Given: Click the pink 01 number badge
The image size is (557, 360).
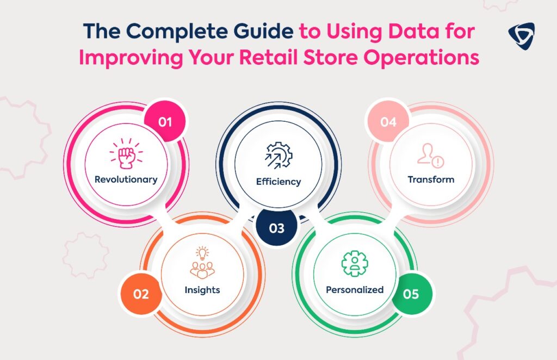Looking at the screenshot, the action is click(165, 122).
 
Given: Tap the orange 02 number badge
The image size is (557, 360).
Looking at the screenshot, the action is click(141, 294).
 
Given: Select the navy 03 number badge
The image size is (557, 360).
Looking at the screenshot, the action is click(277, 227).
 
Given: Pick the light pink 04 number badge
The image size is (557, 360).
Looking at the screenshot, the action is click(388, 122).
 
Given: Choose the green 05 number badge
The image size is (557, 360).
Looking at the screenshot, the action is click(411, 294).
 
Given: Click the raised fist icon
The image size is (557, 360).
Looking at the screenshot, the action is click(126, 153).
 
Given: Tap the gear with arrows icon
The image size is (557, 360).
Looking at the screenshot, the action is click(279, 155).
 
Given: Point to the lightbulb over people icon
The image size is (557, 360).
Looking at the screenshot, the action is click(202, 262).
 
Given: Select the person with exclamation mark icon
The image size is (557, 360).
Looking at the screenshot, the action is click(431, 156).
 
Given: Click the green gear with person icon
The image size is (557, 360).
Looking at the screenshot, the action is click(355, 263).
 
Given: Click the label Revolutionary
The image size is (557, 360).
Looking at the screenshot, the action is click(126, 179).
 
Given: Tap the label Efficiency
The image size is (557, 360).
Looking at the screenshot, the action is click(278, 182).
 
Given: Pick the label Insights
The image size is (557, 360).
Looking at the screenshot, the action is click(202, 290).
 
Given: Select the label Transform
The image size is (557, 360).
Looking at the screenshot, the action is click(431, 179).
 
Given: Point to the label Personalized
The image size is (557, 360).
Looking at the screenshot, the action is click(355, 290).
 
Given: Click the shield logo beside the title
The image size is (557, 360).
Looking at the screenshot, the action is click(521, 36).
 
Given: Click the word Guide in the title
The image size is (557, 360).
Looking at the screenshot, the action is click(263, 31).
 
